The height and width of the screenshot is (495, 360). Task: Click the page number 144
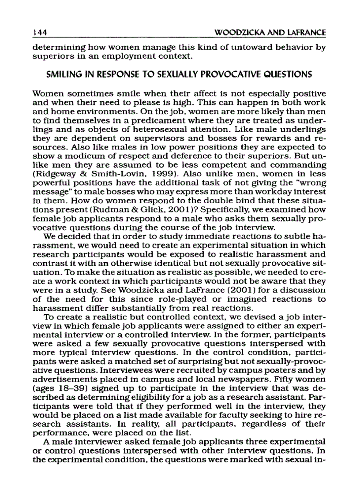pos(41,33)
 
